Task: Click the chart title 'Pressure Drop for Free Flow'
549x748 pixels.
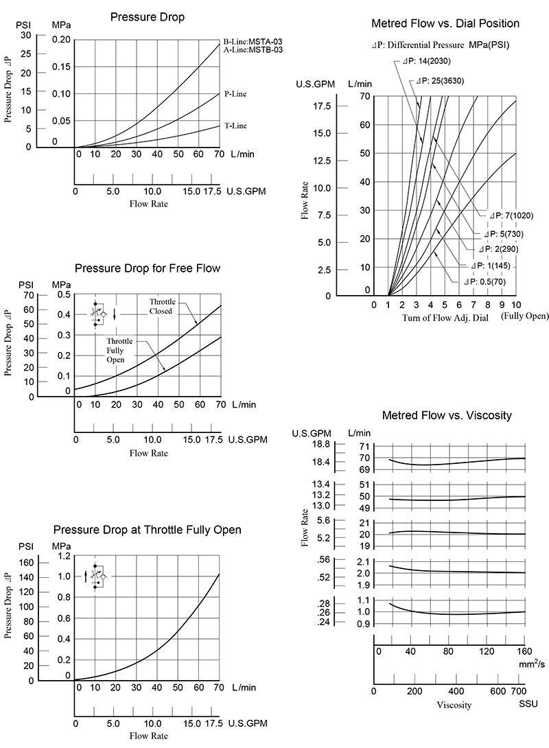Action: [x=147, y=268]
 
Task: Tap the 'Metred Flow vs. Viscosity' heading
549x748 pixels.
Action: [x=446, y=415]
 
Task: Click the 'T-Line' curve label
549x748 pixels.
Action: [x=235, y=126]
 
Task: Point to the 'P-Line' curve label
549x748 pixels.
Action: [x=235, y=94]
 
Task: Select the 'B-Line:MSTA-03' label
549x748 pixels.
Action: [x=253, y=41]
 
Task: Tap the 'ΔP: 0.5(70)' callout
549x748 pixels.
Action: [x=484, y=281]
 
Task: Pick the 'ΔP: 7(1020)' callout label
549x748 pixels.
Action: [x=511, y=215]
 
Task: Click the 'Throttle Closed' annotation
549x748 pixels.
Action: [x=163, y=306]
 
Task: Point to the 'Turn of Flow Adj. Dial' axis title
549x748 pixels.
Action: [x=439, y=318]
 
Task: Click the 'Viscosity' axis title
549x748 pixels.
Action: [x=454, y=705]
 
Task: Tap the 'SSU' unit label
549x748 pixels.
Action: [x=528, y=704]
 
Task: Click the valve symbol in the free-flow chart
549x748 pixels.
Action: [x=101, y=313]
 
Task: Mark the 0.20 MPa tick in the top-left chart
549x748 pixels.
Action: [x=62, y=39]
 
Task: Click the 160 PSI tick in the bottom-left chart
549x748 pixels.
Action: [x=25, y=563]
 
